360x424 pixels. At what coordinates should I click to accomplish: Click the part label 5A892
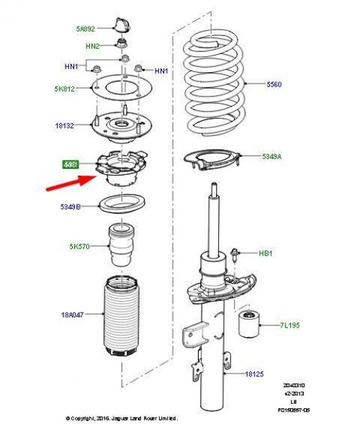[x=86, y=30]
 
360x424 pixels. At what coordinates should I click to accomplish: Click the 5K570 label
[x=79, y=247]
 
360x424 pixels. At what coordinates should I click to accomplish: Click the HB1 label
[x=267, y=254]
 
